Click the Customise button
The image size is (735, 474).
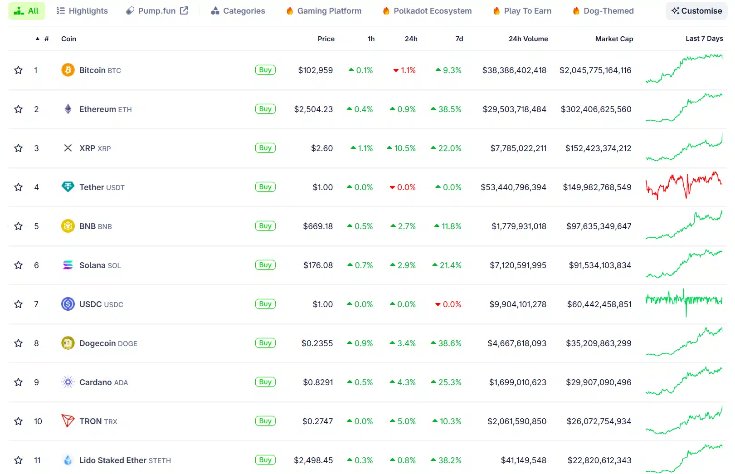point(696,11)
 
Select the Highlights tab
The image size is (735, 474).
point(82,11)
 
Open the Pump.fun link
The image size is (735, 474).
point(157,11)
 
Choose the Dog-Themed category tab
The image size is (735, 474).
point(603,11)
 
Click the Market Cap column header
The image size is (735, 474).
point(614,39)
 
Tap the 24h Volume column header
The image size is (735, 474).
point(528,39)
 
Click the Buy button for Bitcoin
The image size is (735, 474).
point(265,70)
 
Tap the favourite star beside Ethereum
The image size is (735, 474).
point(19,109)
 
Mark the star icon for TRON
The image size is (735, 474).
point(19,421)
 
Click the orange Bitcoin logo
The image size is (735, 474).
point(68,70)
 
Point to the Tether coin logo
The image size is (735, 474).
point(68,187)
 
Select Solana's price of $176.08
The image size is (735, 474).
point(318,265)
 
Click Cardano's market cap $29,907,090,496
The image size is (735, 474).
point(599,382)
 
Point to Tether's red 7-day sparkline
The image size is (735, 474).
point(684,186)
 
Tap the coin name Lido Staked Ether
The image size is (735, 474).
point(112,460)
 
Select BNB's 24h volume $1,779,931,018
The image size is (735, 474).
point(519,226)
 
